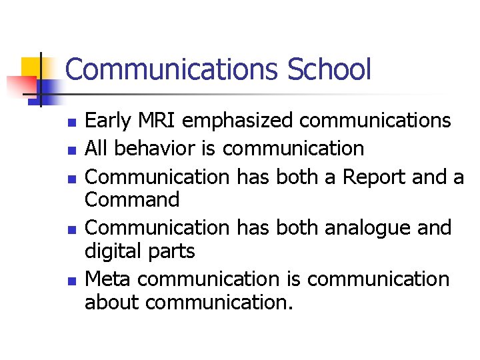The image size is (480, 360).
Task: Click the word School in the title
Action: pyautogui.click(x=329, y=69)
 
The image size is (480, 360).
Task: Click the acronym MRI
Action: pyautogui.click(x=158, y=121)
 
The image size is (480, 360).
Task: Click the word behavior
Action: pyautogui.click(x=155, y=148)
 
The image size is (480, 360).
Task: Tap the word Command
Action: pyautogui.click(x=132, y=199)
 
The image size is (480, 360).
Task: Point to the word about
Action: pyautogui.click(x=111, y=302)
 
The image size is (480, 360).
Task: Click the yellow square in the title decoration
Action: pyautogui.click(x=32, y=68)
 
